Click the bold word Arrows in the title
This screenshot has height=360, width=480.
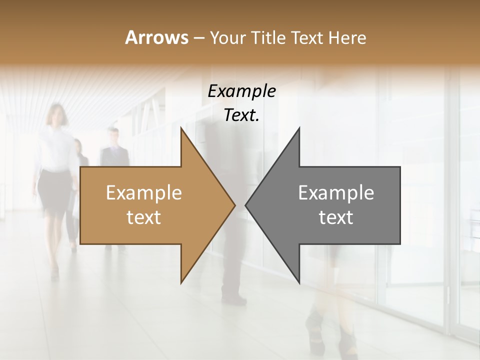click(x=156, y=37)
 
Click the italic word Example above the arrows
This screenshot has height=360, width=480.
click(x=242, y=91)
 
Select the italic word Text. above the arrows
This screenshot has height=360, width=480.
click(x=242, y=115)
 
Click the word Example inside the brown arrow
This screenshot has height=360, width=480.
click(x=144, y=193)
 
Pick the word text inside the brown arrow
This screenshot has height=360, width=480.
click(x=144, y=217)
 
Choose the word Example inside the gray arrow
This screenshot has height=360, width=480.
click(x=336, y=193)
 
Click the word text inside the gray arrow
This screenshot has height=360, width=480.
click(x=336, y=217)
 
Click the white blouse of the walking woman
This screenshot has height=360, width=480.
click(x=56, y=150)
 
